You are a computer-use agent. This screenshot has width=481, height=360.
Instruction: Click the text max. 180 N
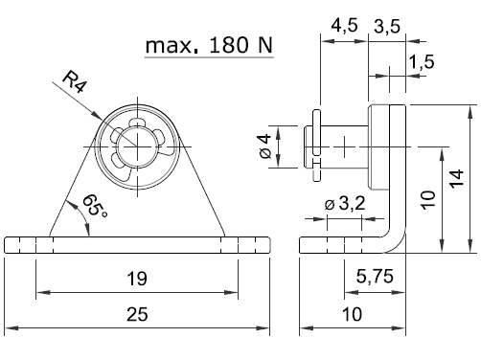pyautogui.click(x=209, y=45)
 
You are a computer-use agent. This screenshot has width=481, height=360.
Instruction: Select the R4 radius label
pyautogui.click(x=75, y=82)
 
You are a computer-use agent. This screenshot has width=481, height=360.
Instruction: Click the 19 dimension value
pyautogui.click(x=137, y=279)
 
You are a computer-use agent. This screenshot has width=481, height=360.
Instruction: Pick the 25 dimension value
pyautogui.click(x=137, y=314)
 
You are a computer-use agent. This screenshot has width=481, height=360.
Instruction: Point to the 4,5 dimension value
pyautogui.click(x=344, y=26)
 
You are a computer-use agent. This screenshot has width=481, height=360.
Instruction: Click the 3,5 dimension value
pyautogui.click(x=387, y=26)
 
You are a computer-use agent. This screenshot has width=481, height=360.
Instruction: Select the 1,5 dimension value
pyautogui.click(x=422, y=61)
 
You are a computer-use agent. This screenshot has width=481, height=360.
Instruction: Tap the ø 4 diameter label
pyautogui.click(x=265, y=146)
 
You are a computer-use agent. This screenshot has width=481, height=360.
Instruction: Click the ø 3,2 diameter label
pyautogui.click(x=345, y=203)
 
